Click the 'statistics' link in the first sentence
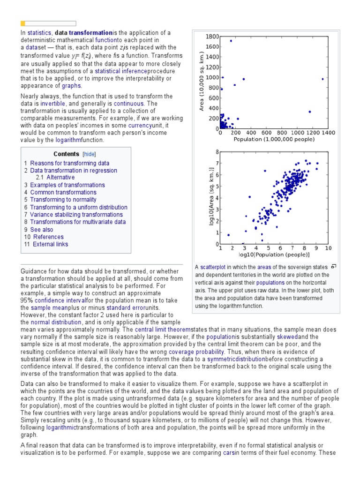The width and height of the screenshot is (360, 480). pyautogui.click(x=38, y=33)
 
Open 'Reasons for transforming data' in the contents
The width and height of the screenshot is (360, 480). pyautogui.click(x=70, y=163)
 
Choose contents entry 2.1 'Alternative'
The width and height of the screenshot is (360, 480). pyautogui.click(x=60, y=178)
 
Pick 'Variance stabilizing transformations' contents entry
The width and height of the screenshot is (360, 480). pyautogui.click(x=76, y=215)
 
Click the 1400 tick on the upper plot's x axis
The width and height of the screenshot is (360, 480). pyautogui.click(x=328, y=134)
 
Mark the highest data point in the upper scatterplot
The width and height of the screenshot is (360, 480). pyautogui.click(x=231, y=41)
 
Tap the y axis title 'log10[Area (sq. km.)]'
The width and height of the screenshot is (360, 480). pyautogui.click(x=211, y=198)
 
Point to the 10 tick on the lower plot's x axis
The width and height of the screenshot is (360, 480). pyautogui.click(x=328, y=248)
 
